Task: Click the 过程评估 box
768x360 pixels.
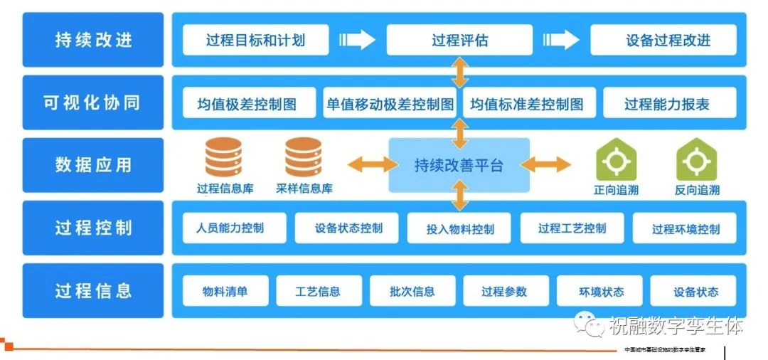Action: coord(459,40)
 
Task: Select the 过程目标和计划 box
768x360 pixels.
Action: coord(255,40)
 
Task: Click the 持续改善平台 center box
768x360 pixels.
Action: coord(459,165)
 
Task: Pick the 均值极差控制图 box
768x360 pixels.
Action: coord(247,103)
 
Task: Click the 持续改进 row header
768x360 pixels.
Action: coord(93,40)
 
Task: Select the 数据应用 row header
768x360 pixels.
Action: coord(93,165)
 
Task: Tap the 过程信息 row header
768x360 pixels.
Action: coord(93,290)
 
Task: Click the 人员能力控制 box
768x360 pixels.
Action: coord(234,228)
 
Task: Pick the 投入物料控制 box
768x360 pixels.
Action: coord(459,229)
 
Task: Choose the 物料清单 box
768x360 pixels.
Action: coord(225,291)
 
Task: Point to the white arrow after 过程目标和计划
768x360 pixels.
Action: coord(357,40)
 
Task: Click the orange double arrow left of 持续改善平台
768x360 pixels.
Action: coord(372,165)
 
